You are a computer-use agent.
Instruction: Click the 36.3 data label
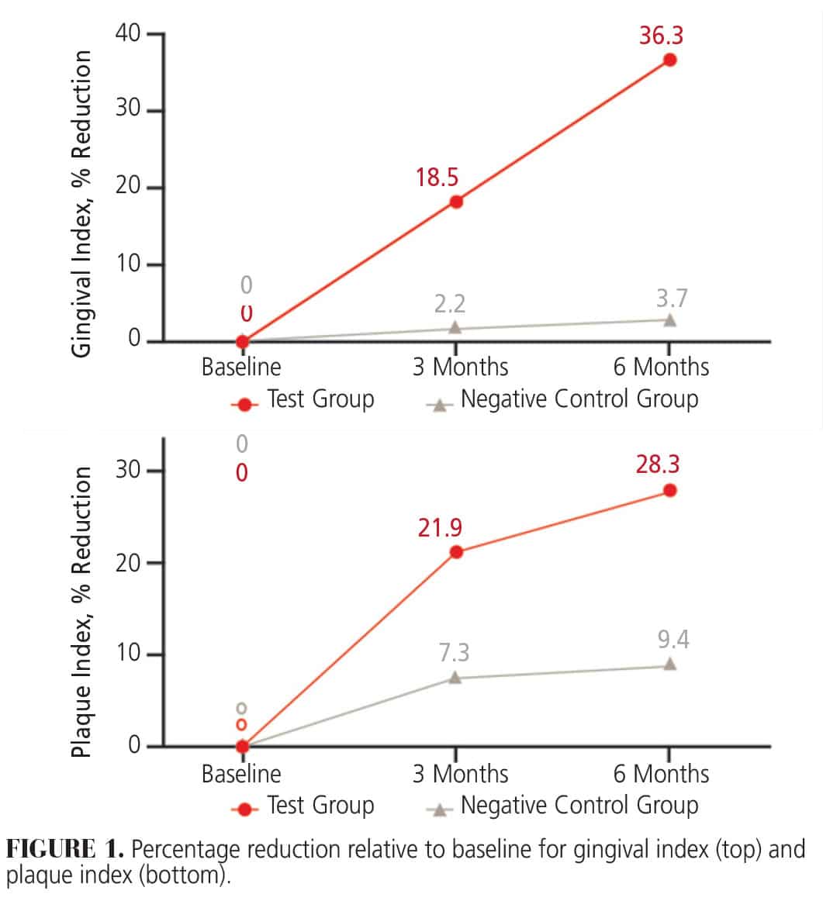pos(661,36)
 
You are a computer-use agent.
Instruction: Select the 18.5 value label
pos(436,178)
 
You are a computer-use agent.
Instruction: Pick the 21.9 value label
pos(439,528)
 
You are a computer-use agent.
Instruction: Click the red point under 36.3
pos(669,60)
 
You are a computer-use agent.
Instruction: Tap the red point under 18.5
pos(456,202)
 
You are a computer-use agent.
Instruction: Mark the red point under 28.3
pos(669,490)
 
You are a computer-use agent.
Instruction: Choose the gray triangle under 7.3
pos(455,678)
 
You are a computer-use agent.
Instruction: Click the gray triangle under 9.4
pos(669,665)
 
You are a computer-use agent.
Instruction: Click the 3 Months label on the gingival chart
pos(460,366)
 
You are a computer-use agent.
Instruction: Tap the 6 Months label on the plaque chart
pos(661,773)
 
